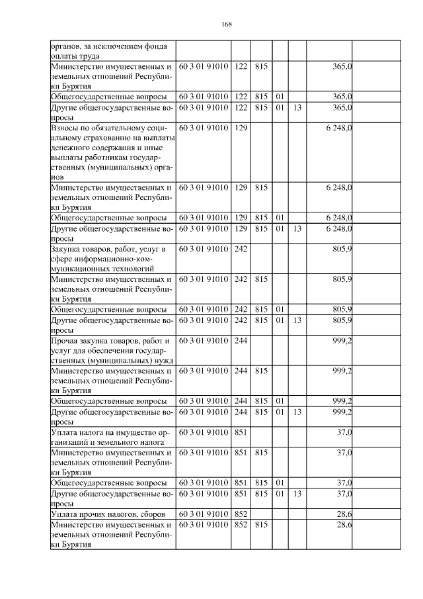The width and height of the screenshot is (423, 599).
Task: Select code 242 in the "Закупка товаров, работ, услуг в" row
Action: tap(241, 249)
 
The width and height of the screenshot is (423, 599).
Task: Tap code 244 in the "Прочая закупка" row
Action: tap(241, 341)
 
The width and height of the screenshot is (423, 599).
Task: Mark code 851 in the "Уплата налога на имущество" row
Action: tap(241, 432)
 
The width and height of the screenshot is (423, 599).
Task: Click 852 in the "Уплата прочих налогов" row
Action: tap(241, 514)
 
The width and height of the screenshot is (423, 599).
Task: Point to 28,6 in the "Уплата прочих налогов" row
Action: tap(344, 514)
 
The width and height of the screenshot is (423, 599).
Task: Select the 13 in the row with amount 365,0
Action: tap(297, 107)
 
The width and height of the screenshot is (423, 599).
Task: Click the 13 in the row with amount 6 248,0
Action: tap(297, 228)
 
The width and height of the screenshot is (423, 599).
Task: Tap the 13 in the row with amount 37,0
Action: tap(297, 494)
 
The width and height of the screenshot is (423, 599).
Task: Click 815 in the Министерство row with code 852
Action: tap(260, 525)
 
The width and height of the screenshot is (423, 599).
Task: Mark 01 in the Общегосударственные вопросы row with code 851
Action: tap(280, 483)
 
